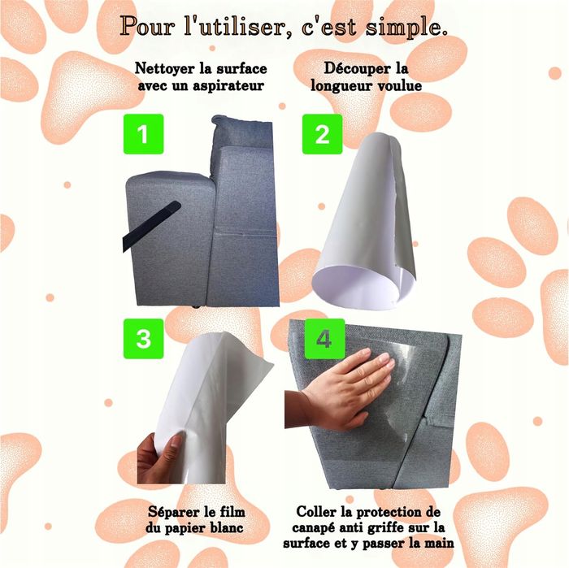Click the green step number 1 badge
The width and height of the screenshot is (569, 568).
coord(143,134)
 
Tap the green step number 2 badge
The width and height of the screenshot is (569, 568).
coord(322,134)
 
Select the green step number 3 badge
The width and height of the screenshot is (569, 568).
coord(143,339)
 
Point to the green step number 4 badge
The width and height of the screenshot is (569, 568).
coord(324,339)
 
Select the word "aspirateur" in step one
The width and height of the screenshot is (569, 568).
coord(228,86)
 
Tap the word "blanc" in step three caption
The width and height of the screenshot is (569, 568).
coord(226,527)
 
